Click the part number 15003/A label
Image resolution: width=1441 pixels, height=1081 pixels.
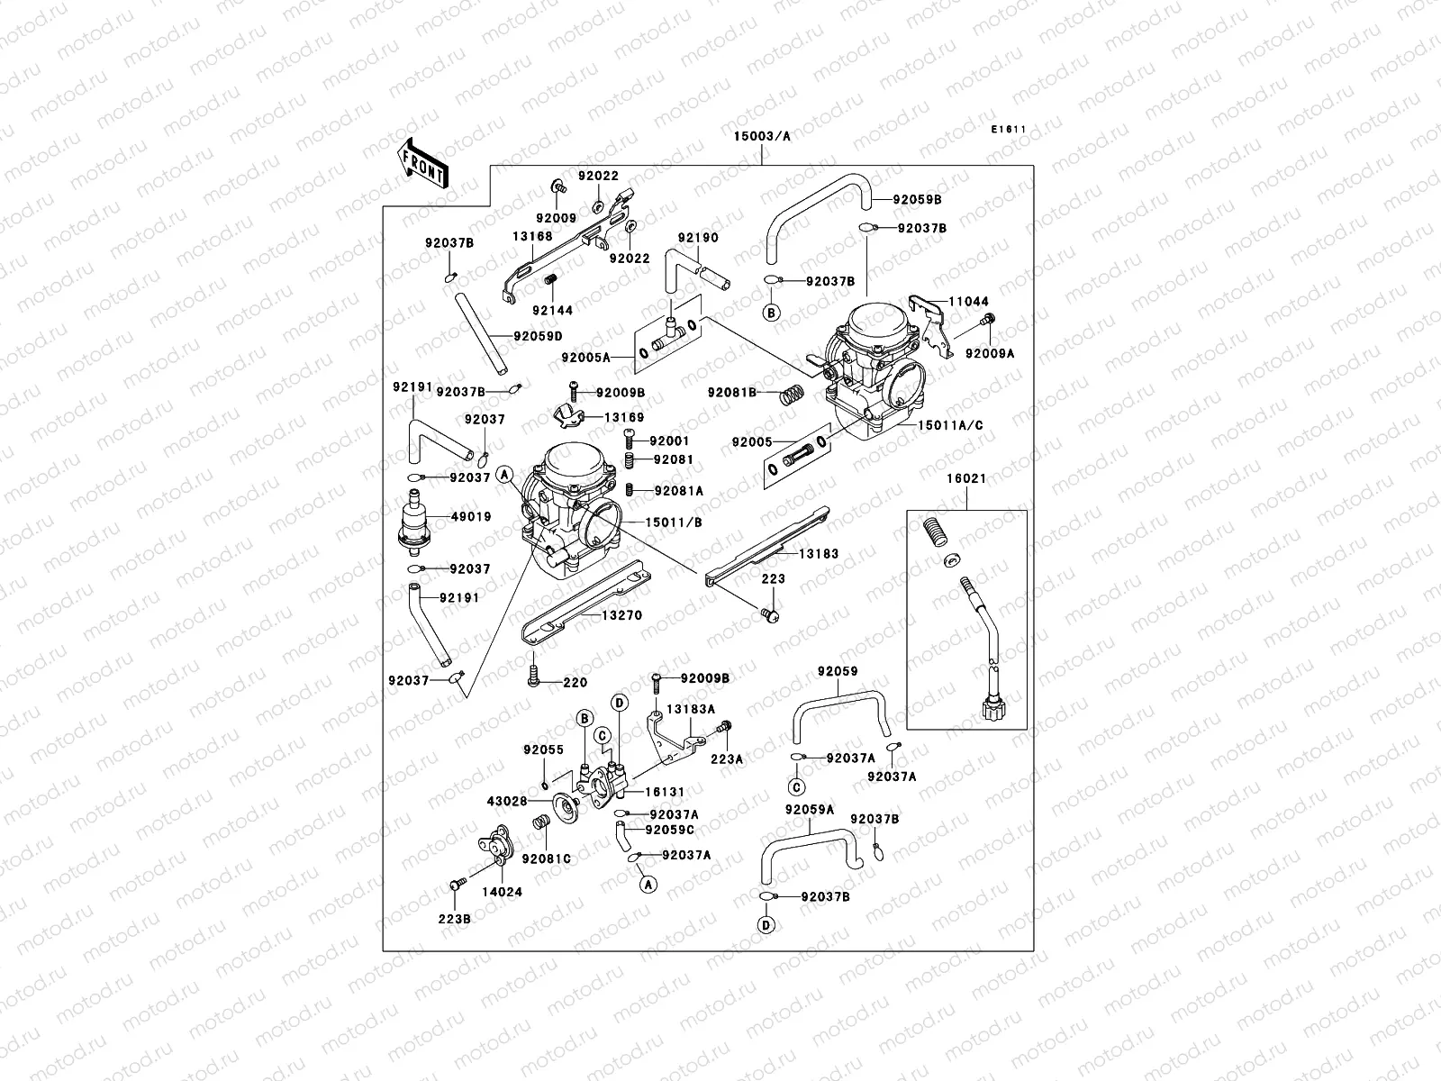tap(761, 136)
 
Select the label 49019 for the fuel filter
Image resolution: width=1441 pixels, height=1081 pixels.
tap(471, 517)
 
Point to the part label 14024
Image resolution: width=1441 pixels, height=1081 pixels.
tap(502, 891)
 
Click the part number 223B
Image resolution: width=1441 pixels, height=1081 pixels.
tap(456, 919)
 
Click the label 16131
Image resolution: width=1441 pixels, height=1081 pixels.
tap(665, 792)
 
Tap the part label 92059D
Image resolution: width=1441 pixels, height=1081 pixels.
tap(538, 336)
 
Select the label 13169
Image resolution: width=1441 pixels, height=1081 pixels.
tap(623, 417)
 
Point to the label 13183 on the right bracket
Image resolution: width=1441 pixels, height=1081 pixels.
tap(818, 554)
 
